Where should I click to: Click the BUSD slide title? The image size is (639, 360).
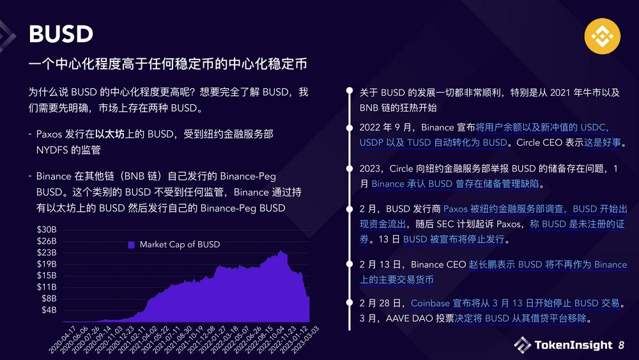(x=61, y=35)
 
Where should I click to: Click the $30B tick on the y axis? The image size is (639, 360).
(x=47, y=230)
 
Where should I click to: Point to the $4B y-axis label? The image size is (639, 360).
(x=49, y=310)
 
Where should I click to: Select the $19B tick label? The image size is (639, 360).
(x=47, y=264)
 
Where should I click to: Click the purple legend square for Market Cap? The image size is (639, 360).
(x=131, y=244)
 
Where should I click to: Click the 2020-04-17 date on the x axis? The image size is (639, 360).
(x=61, y=340)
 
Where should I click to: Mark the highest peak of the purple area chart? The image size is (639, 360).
(x=280, y=251)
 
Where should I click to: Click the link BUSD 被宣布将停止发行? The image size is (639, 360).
(x=454, y=240)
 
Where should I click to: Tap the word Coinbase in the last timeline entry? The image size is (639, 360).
(x=430, y=303)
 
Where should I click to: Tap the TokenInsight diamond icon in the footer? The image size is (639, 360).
(x=522, y=345)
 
